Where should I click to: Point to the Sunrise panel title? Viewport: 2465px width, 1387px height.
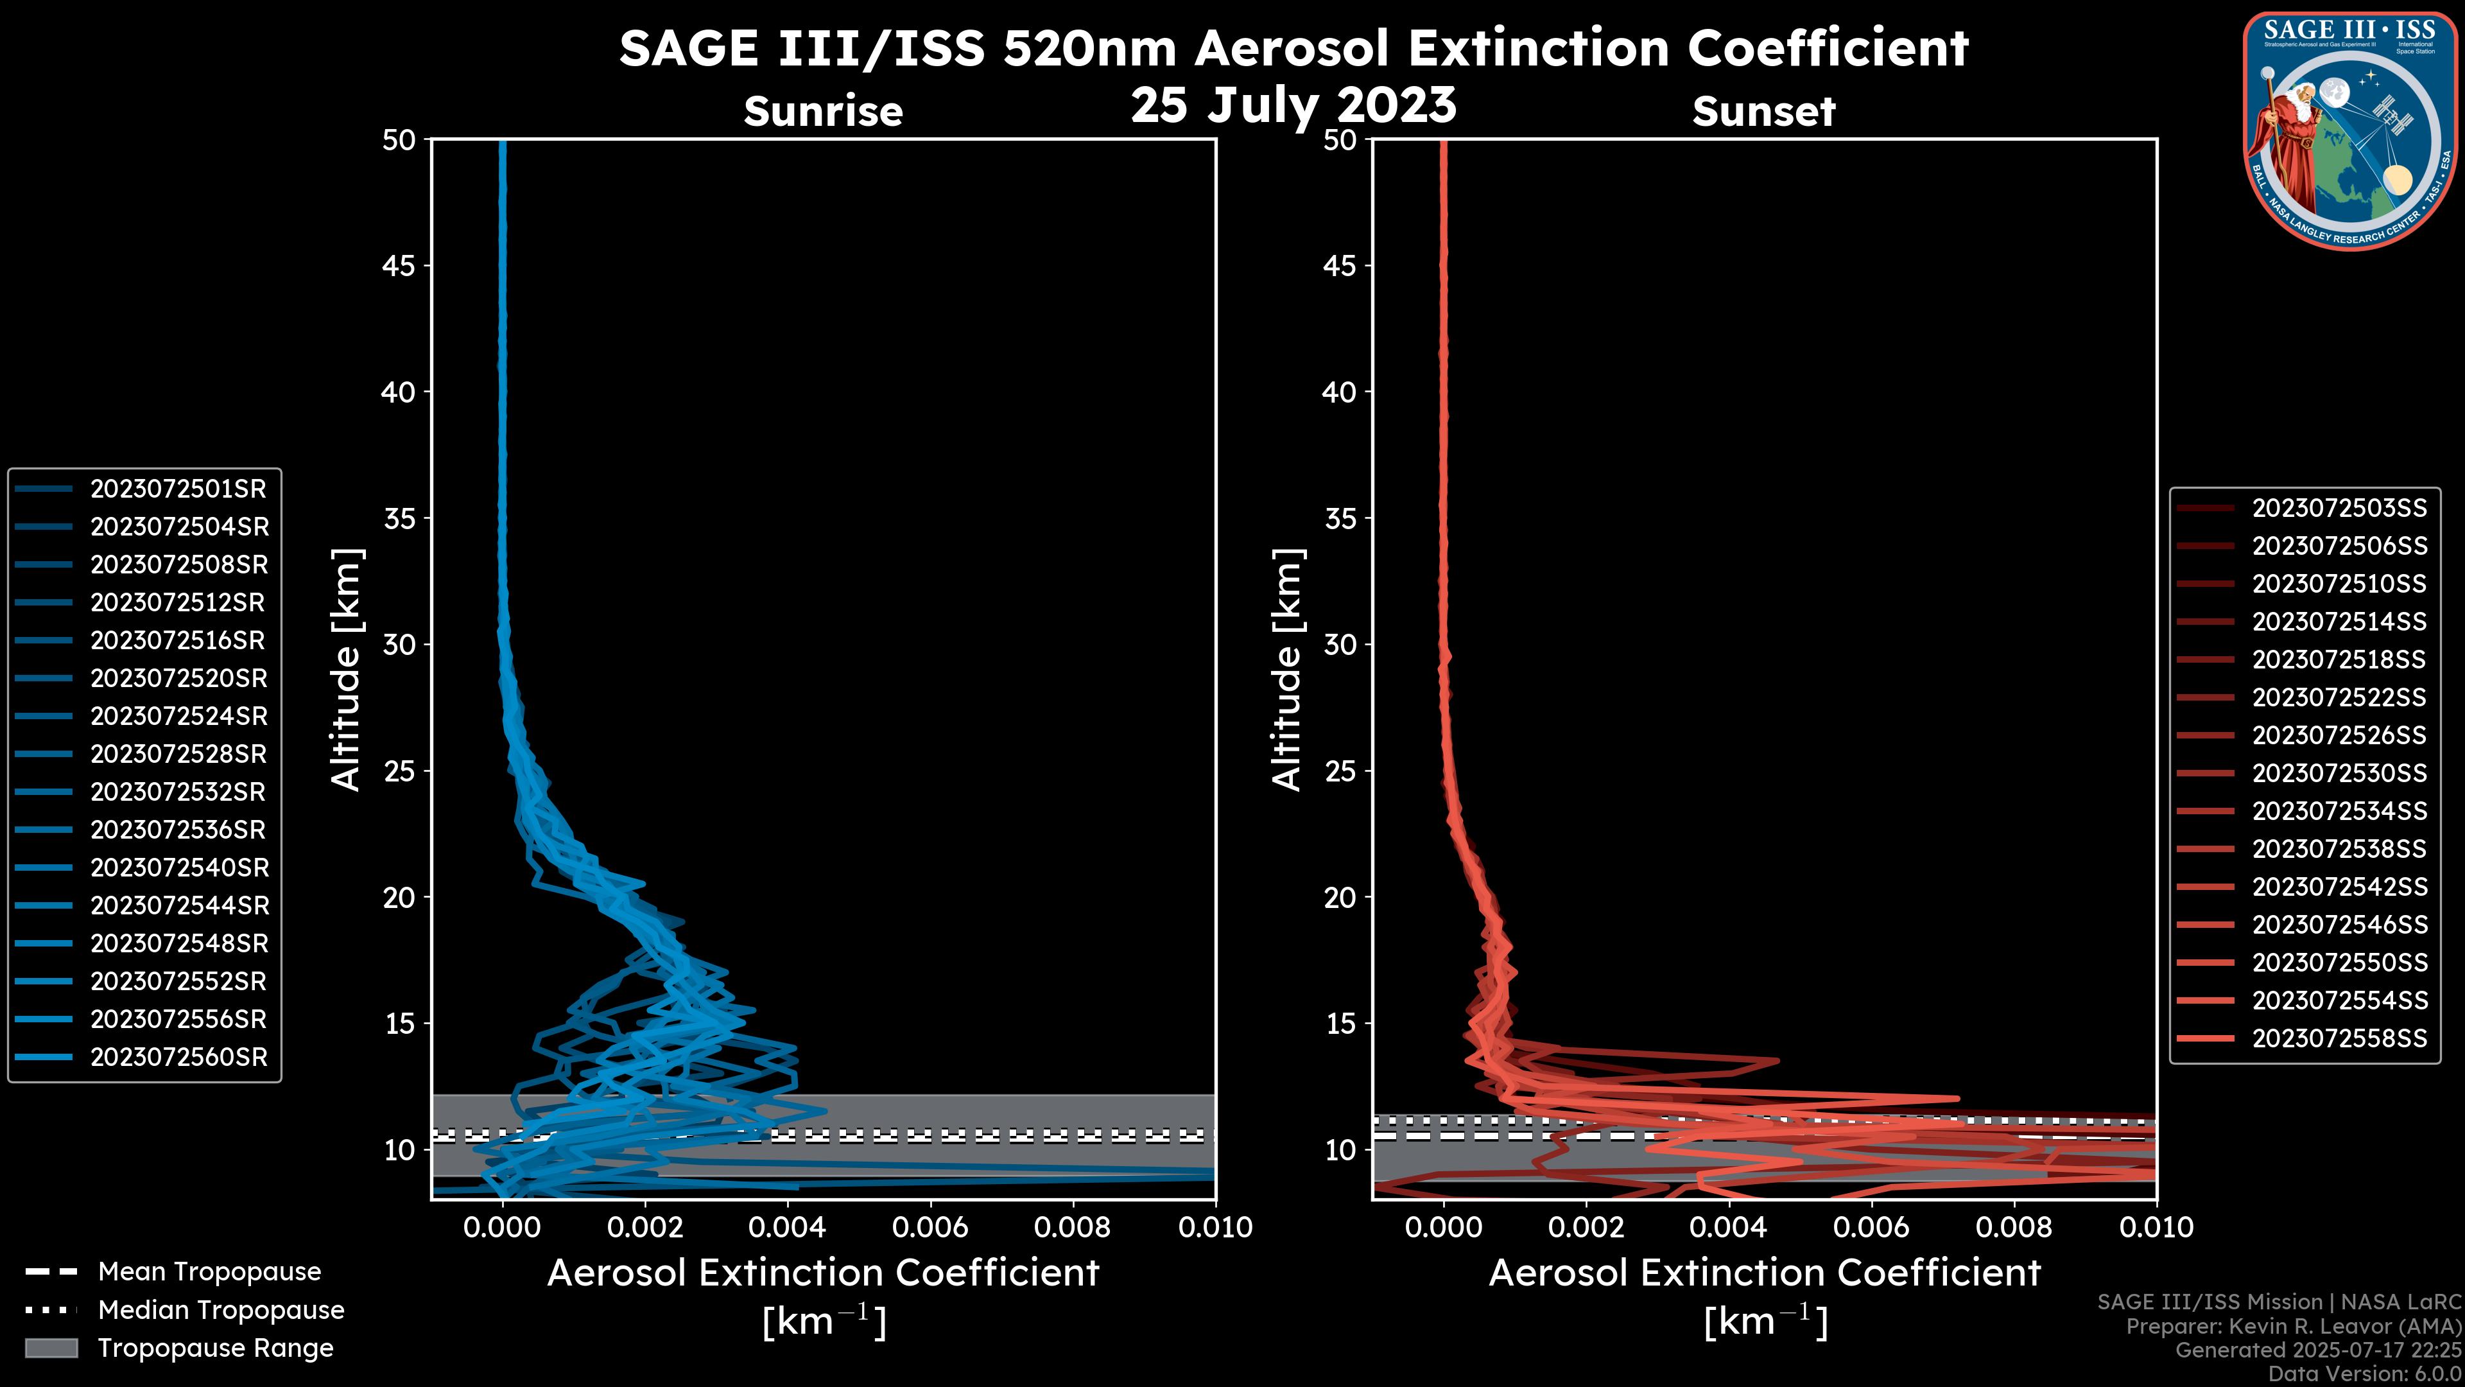point(823,111)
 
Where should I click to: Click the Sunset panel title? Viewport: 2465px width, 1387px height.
point(1763,111)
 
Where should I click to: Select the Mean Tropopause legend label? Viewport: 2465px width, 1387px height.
point(209,1272)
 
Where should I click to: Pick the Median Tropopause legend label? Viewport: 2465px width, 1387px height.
point(221,1311)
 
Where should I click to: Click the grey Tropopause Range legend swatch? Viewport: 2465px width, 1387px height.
point(51,1348)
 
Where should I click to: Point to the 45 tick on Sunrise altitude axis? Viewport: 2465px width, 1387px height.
point(399,266)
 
